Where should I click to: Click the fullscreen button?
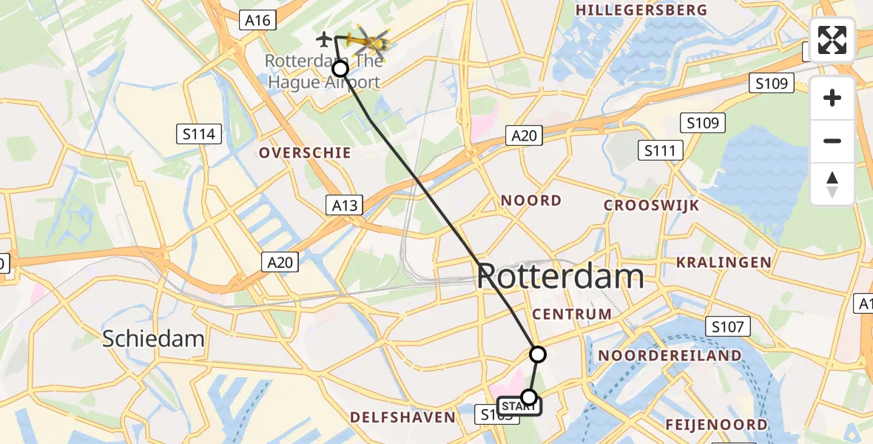coord(832,40)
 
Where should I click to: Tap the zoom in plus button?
coord(832,98)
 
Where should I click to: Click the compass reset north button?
coord(832,184)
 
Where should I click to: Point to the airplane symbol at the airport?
coord(324,38)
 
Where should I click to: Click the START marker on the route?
coord(519,405)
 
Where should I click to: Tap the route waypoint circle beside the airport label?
coord(340,70)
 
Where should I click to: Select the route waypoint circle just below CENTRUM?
coord(538,354)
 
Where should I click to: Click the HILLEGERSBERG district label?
coord(641,10)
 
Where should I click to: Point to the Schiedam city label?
coord(153,339)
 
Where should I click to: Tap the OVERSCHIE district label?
coord(305,152)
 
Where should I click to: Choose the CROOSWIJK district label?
coord(651,206)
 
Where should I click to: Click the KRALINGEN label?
coord(724,262)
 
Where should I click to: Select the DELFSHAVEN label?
coord(402,417)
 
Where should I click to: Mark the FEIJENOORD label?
coord(716,425)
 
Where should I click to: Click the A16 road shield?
coord(257,21)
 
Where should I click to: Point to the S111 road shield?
coord(659,151)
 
